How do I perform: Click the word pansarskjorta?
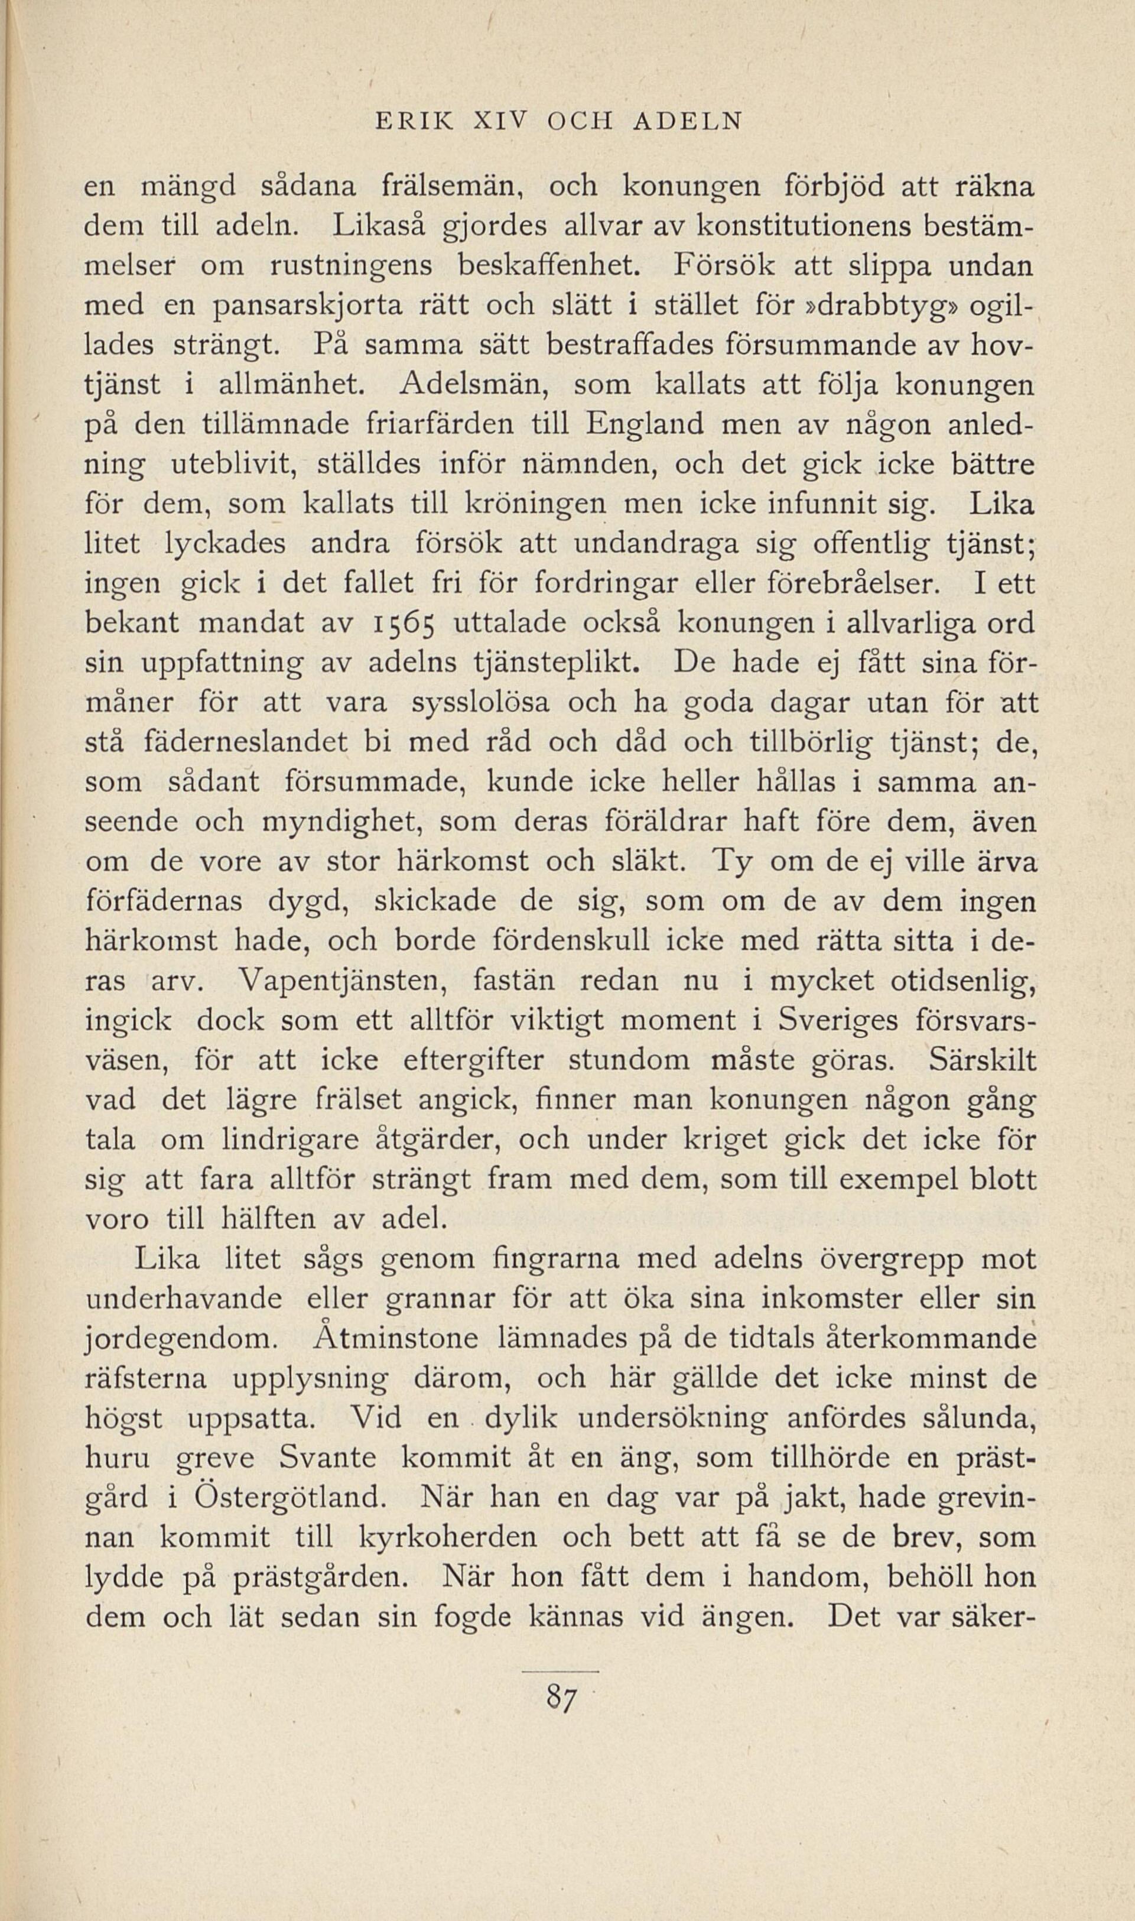coord(311,306)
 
